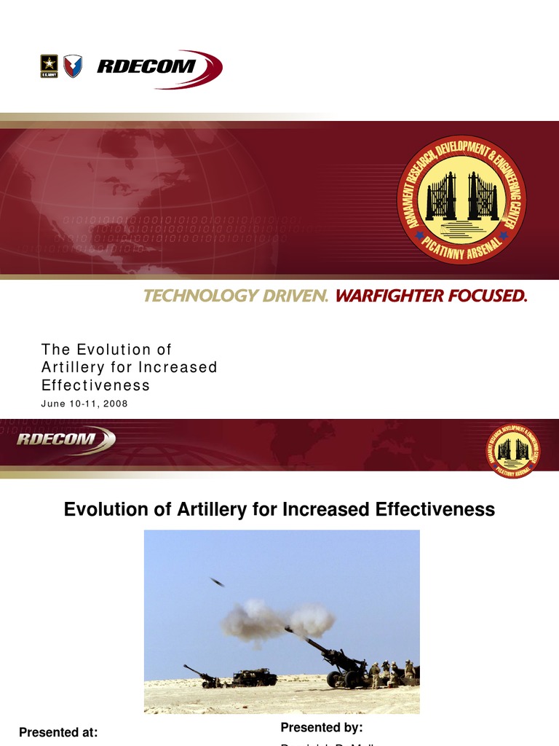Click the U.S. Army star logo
click(49, 66)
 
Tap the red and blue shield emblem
click(73, 66)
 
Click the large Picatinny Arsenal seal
click(461, 200)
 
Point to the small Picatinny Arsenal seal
click(513, 451)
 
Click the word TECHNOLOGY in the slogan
click(197, 296)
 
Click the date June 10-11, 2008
click(84, 404)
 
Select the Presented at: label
click(58, 732)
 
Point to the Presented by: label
click(321, 727)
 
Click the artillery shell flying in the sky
click(217, 581)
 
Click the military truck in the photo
click(254, 678)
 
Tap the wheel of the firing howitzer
click(336, 680)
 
